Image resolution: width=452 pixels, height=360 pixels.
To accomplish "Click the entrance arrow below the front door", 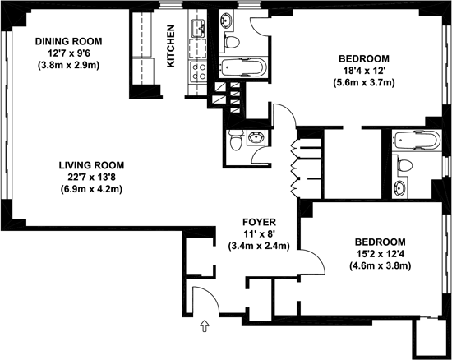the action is tap(205, 325).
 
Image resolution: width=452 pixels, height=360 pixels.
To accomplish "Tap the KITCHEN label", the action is tap(171, 46).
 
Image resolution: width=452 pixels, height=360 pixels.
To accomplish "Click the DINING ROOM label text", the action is tap(68, 41).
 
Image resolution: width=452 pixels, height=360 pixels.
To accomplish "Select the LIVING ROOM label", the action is tap(91, 165).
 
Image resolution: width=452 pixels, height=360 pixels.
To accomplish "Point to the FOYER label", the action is tap(259, 222).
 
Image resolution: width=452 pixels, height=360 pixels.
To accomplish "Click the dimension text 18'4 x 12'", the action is tap(364, 71).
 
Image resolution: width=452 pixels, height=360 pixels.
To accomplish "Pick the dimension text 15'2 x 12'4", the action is tap(380, 254).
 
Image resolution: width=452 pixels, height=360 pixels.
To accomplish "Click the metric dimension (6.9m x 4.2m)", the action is tap(91, 189).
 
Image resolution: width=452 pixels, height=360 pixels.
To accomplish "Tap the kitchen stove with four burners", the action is tap(199, 72).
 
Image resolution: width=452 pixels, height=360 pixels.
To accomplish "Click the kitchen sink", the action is tap(199, 28).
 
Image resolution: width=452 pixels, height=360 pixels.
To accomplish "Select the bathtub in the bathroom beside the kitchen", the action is tap(243, 67).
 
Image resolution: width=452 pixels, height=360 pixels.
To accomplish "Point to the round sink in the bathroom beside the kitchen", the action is tap(226, 21).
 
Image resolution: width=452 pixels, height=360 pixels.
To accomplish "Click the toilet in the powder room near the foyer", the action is tap(236, 140).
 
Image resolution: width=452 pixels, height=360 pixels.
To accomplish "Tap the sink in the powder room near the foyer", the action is tap(256, 137).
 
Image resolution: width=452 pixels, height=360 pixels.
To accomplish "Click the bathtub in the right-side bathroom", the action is tap(417, 141).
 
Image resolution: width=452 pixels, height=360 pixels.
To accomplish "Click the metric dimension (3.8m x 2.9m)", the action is tap(68, 66).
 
